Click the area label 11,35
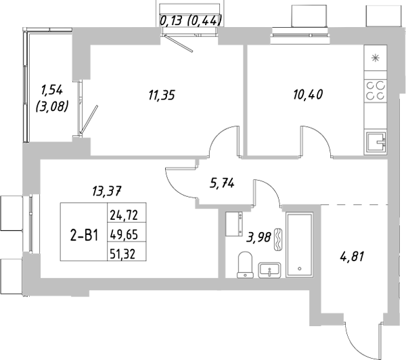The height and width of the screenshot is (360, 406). point(162,95)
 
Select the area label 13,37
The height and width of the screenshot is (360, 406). point(106,190)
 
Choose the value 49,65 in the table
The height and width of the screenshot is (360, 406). point(122,235)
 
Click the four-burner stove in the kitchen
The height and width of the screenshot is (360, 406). point(376,91)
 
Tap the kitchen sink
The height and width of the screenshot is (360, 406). point(376,142)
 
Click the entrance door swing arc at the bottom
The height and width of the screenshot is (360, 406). point(357,338)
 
